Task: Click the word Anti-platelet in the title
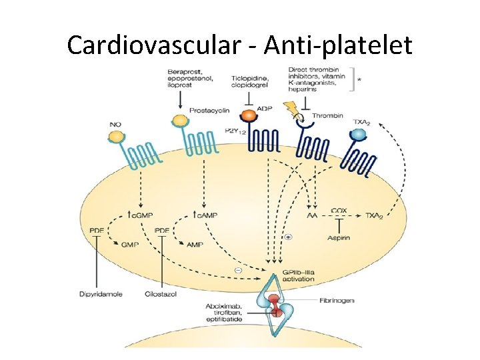[339, 45]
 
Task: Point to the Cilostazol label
[161, 294]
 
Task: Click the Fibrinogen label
[336, 301]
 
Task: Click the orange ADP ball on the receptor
[249, 115]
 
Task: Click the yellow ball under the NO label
[116, 137]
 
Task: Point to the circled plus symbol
[288, 237]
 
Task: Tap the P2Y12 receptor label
[234, 131]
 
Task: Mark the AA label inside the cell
[311, 217]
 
